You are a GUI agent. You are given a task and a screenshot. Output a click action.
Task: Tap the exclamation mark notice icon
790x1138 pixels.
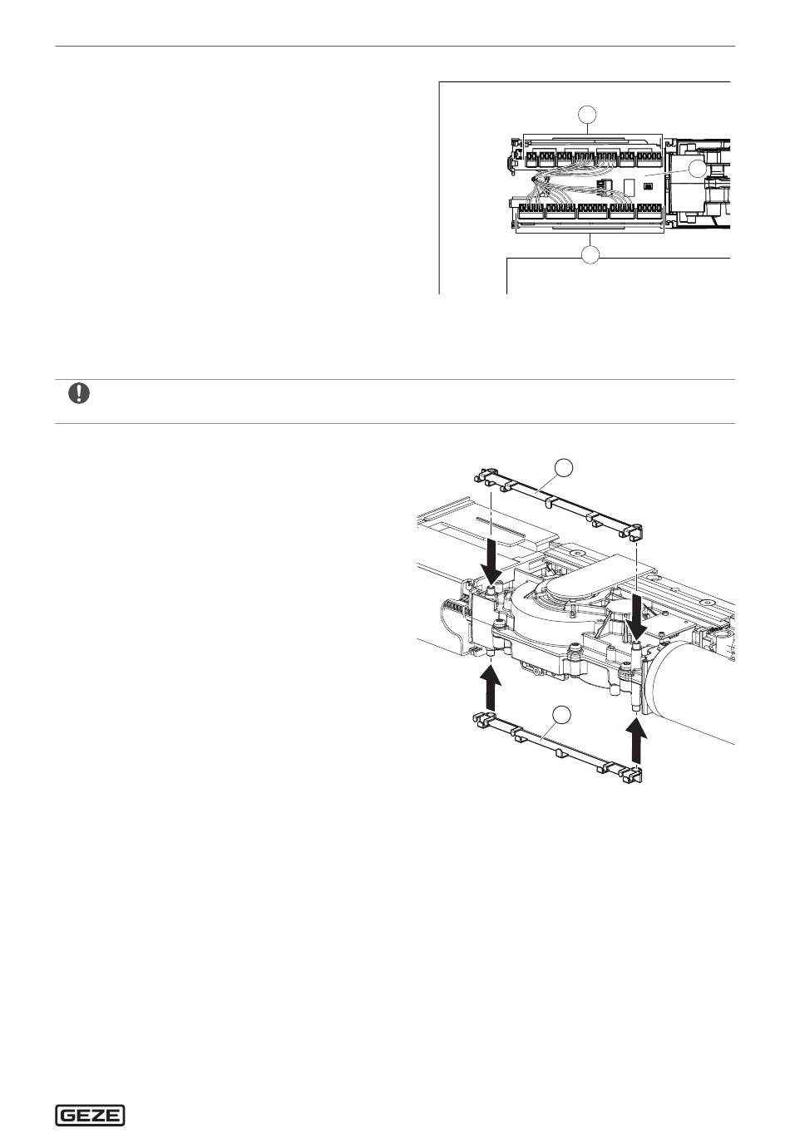click(x=79, y=394)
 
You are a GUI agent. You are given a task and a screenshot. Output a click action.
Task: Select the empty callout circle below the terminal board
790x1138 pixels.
click(x=590, y=254)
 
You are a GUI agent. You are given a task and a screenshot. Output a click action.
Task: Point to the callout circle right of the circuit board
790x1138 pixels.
click(x=697, y=168)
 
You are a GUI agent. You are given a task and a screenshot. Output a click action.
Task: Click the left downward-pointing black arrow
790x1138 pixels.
click(x=491, y=564)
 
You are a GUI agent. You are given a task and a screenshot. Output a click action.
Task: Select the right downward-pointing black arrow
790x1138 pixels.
click(x=636, y=615)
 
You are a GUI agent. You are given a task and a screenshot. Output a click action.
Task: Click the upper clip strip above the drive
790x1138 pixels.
click(x=558, y=502)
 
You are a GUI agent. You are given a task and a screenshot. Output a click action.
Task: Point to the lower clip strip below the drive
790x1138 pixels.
click(x=557, y=748)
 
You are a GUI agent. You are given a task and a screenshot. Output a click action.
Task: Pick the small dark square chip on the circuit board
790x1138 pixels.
click(x=649, y=187)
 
